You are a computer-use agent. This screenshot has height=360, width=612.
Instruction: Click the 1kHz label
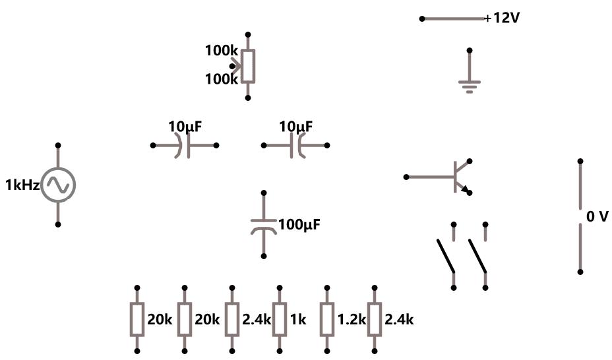pyautogui.click(x=22, y=185)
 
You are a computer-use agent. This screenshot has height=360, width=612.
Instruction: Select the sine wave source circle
pyautogui.click(x=58, y=185)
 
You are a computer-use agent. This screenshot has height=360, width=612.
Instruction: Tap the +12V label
pyautogui.click(x=503, y=18)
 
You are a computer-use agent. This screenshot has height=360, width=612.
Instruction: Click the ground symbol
pyautogui.click(x=470, y=84)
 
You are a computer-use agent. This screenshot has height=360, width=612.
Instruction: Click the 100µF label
pyautogui.click(x=299, y=225)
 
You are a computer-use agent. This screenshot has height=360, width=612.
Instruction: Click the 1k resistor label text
pyautogui.click(x=297, y=320)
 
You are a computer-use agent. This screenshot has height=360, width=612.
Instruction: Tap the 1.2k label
pyautogui.click(x=350, y=320)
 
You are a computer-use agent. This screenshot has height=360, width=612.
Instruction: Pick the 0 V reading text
pyautogui.click(x=597, y=216)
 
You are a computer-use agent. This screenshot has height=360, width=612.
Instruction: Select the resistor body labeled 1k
pyautogui.click(x=280, y=320)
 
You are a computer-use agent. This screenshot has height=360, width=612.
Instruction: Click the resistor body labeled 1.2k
pyautogui.click(x=327, y=320)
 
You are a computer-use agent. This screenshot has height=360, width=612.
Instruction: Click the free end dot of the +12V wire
pyautogui.click(x=422, y=18)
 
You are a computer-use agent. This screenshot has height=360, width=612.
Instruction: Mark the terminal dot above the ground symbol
pyautogui.click(x=470, y=50)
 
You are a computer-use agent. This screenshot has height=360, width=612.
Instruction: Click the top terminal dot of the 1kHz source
pyautogui.click(x=58, y=145)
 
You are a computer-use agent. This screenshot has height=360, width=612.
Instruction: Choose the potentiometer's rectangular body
pyautogui.click(x=248, y=66)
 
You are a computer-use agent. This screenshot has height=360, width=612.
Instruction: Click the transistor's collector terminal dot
pyautogui.click(x=470, y=161)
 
